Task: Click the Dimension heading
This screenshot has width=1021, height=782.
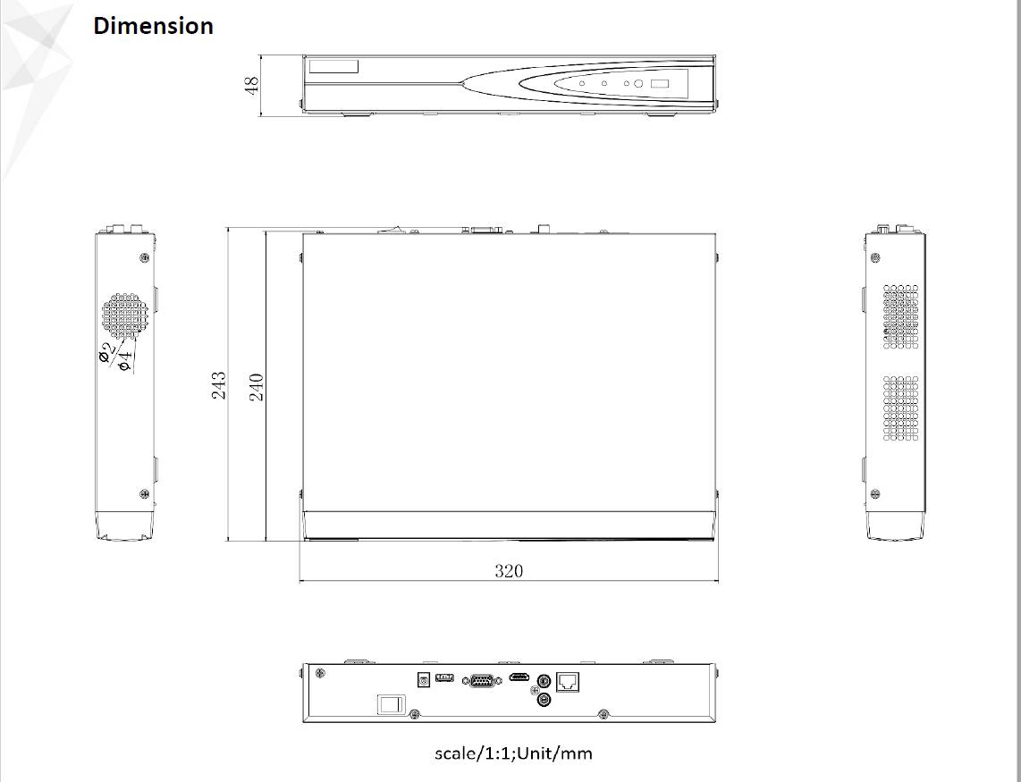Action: click(153, 26)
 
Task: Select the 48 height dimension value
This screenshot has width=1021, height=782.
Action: click(252, 85)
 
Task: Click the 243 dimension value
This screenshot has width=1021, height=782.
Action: click(219, 385)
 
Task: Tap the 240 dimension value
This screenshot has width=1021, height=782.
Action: click(257, 386)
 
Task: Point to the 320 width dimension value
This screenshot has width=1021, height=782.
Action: click(509, 571)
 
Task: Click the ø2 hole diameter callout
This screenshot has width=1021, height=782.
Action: click(105, 352)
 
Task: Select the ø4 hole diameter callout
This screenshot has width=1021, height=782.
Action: click(125, 359)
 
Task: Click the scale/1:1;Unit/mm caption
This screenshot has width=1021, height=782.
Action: click(513, 753)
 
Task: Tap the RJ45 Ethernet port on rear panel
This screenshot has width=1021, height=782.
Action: click(568, 681)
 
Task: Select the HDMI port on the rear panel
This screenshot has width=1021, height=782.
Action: click(519, 677)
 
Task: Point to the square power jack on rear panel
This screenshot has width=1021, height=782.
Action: click(424, 679)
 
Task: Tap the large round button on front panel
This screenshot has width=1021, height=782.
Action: click(638, 84)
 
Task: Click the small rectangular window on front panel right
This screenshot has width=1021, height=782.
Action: click(660, 84)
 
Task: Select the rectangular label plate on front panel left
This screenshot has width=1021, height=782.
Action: click(333, 66)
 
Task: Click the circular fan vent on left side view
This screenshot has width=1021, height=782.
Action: click(123, 317)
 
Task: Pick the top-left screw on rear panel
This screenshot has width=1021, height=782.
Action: click(321, 672)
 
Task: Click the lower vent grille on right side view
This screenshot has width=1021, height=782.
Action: click(900, 408)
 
